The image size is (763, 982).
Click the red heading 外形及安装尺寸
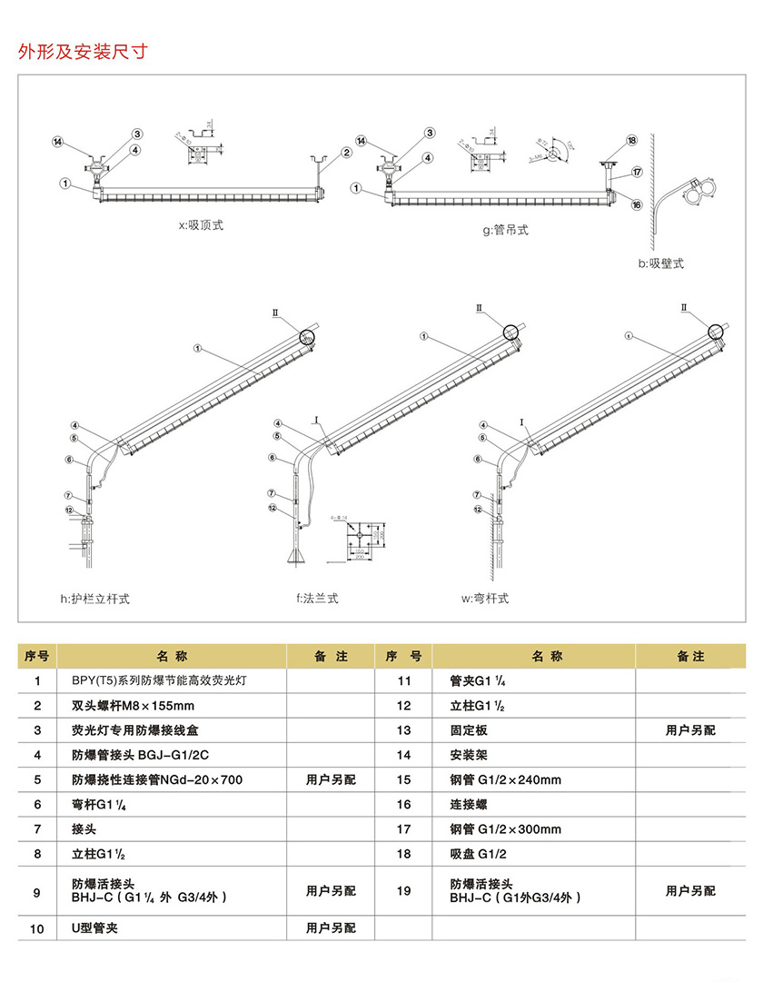tap(82, 51)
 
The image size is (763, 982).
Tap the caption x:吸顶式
tap(201, 225)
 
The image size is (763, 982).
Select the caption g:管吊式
tap(505, 231)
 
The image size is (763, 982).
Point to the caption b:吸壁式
tap(660, 263)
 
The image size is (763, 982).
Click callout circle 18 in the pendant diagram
tap(631, 140)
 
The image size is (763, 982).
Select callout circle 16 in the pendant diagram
tap(637, 204)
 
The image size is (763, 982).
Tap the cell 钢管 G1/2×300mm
tap(505, 829)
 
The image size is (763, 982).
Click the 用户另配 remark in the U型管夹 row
tap(331, 928)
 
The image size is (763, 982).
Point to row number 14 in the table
tap(403, 755)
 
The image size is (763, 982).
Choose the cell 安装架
tap(469, 755)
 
